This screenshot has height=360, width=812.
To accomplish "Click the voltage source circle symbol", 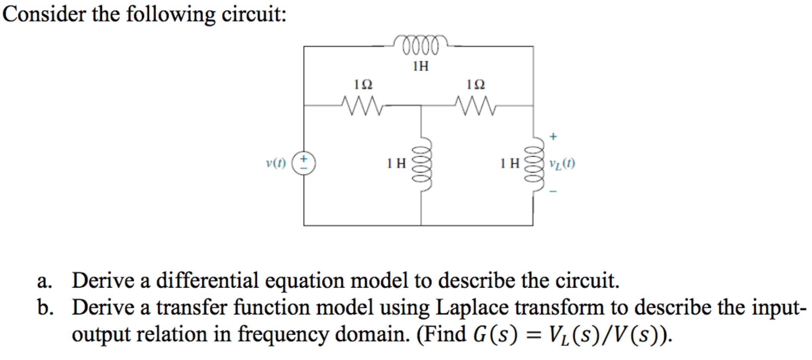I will (x=304, y=163).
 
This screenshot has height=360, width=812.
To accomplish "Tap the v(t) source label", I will (x=276, y=163).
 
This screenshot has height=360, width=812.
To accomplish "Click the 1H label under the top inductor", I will (x=421, y=67).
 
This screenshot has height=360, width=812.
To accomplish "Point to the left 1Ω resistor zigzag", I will (x=362, y=105).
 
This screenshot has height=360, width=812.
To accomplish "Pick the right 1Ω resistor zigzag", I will (x=475, y=105).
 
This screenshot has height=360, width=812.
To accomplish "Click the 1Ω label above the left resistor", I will (x=362, y=84).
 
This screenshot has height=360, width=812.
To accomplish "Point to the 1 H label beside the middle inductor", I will (x=396, y=164).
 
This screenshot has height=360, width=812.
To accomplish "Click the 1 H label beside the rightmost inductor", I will (x=509, y=164).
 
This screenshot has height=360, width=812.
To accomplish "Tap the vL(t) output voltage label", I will (x=562, y=164).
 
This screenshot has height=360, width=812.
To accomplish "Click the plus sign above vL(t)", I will (x=553, y=136).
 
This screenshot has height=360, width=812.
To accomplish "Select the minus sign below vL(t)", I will (x=553, y=191).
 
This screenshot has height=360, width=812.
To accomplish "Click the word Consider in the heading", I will (x=44, y=15).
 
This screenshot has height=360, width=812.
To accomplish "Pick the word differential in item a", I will (x=207, y=280).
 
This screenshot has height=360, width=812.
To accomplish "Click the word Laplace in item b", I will (x=472, y=307).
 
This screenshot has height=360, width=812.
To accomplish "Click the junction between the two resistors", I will (x=421, y=105).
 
